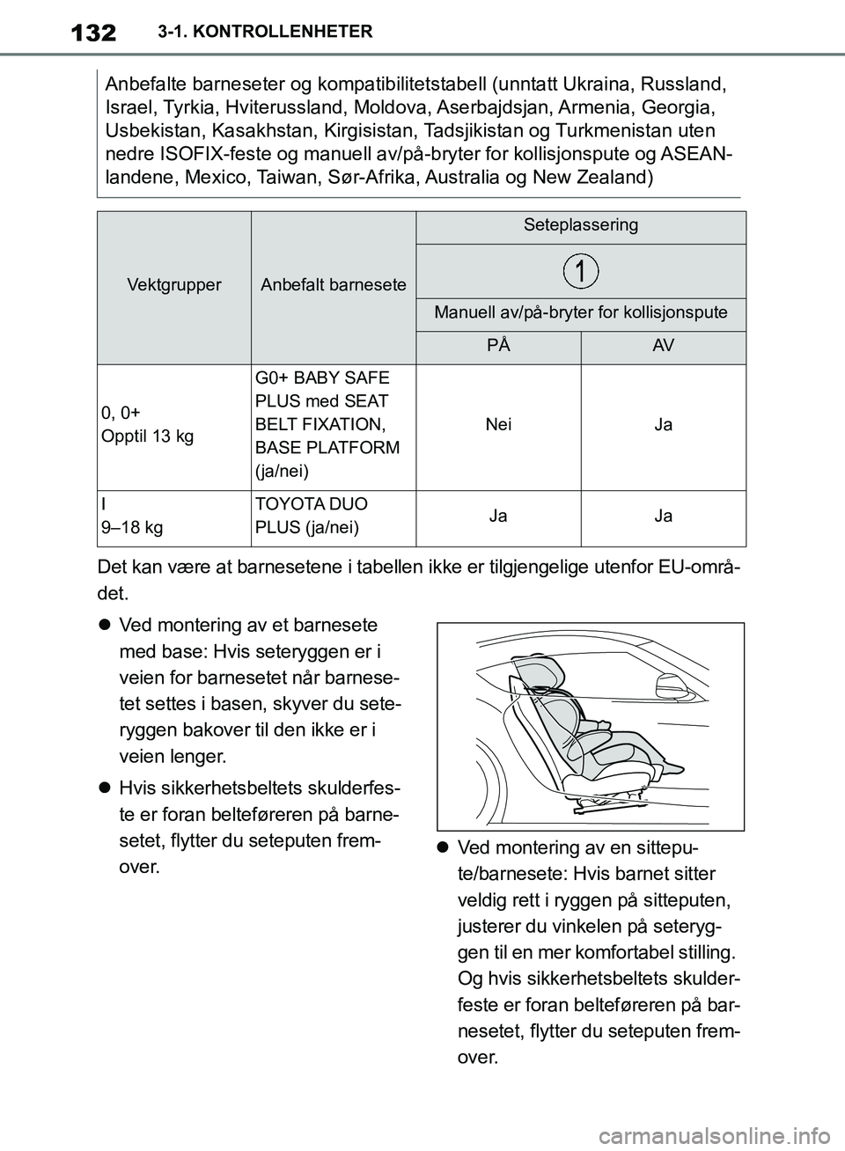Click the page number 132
92,33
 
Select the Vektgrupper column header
174,285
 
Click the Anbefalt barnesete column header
334,285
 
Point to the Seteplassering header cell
581,225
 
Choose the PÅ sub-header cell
498,346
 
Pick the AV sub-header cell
664,346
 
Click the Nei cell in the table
498,425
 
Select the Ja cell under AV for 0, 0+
664,425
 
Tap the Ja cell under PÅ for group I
498,517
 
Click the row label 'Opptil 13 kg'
148,436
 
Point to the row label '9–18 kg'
132,528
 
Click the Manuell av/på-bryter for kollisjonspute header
581,312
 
